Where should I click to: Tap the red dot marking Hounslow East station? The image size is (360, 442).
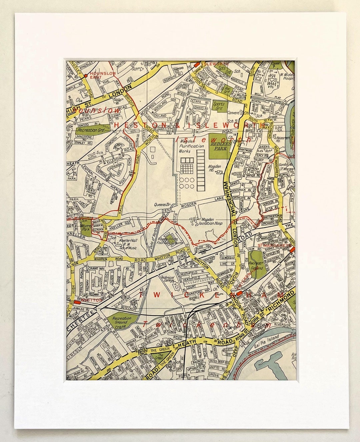(x=86, y=76)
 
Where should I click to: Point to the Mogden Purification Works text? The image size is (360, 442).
(x=191, y=146)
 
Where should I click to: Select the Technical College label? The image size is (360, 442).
(x=168, y=279)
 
